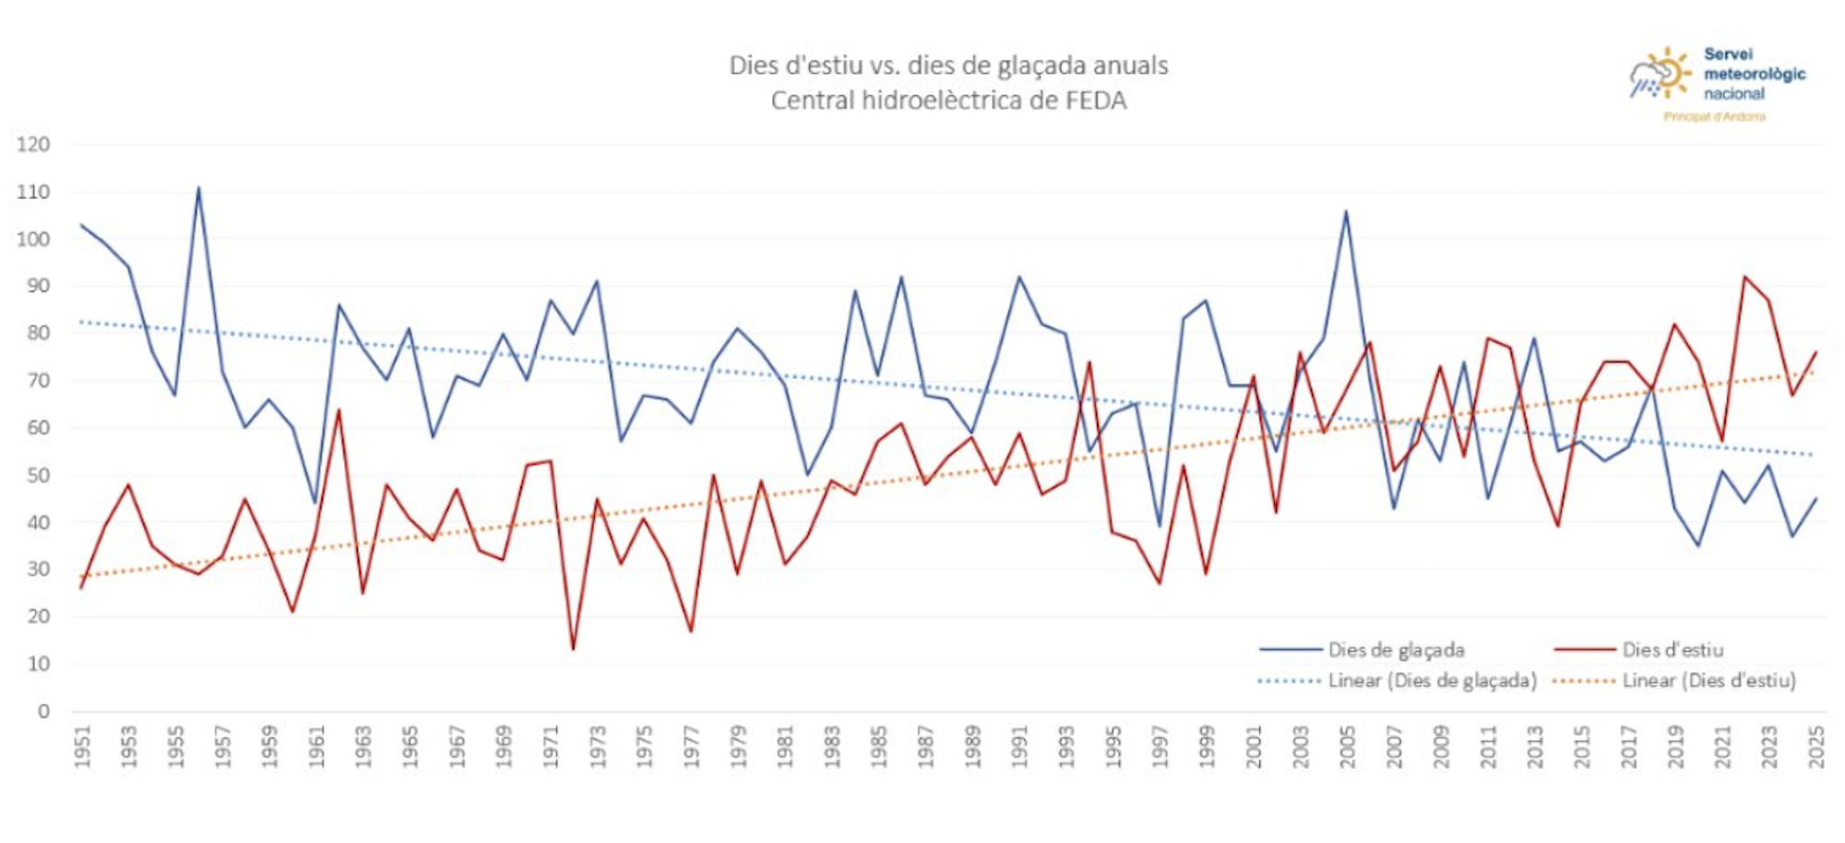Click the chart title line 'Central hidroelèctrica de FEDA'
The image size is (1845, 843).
click(x=948, y=101)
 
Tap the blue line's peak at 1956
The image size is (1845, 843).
click(x=198, y=188)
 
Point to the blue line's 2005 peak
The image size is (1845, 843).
click(x=1346, y=211)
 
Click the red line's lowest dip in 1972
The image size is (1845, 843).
click(x=573, y=648)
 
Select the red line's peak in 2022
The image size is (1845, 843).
click(x=1744, y=277)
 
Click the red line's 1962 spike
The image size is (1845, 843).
click(x=339, y=410)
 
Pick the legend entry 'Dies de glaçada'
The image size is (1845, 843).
click(x=1396, y=650)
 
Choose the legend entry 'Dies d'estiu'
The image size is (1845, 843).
click(x=1672, y=650)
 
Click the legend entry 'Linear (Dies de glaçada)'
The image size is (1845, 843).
click(x=1432, y=681)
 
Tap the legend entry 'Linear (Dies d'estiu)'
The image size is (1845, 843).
click(x=1708, y=681)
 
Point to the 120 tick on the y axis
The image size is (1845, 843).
click(x=33, y=145)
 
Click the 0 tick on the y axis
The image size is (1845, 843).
click(x=43, y=711)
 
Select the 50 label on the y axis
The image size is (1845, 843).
click(x=38, y=475)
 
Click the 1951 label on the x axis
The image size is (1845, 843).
click(x=83, y=747)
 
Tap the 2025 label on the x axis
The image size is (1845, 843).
click(x=1816, y=747)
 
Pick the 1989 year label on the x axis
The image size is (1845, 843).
click(x=972, y=747)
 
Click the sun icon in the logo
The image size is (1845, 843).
click(x=1671, y=71)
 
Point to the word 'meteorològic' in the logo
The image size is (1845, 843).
click(x=1754, y=74)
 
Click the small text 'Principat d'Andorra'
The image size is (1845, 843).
click(x=1714, y=117)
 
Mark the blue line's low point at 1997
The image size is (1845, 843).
click(x=1160, y=526)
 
